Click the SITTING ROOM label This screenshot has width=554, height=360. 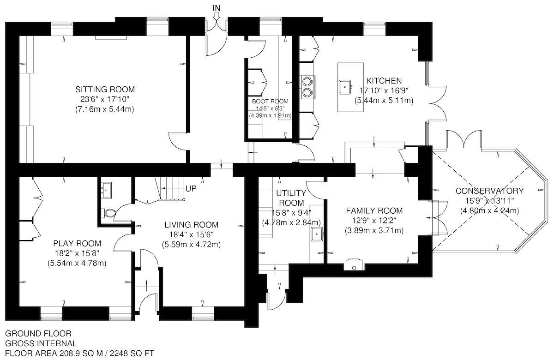[105, 89]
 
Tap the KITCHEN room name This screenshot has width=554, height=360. [384, 81]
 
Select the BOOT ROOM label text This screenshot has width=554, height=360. [270, 101]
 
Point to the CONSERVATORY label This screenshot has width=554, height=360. [489, 191]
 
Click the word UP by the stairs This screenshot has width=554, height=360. [191, 189]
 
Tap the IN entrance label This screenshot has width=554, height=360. [217, 8]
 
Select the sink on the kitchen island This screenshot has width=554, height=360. [345, 87]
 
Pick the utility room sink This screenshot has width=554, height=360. [317, 234]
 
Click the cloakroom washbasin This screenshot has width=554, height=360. [106, 190]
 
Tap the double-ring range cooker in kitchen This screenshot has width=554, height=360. [307, 87]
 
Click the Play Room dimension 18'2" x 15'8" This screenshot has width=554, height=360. [77, 253]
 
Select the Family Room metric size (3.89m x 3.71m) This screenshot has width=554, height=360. [374, 231]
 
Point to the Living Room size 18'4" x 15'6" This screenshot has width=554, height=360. [191, 234]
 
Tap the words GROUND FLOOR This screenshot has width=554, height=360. [38, 334]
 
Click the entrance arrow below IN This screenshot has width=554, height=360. [217, 16]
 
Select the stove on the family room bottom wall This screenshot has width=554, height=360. [354, 264]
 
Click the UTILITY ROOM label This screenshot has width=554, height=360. [291, 198]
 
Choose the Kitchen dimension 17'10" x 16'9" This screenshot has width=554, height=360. [384, 90]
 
